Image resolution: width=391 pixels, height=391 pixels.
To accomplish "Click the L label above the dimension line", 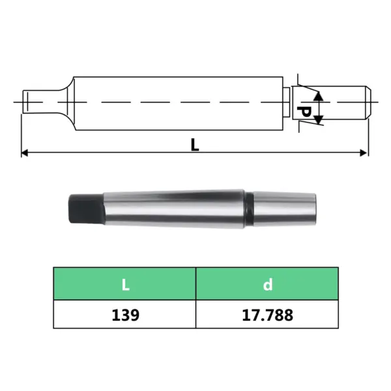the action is tap(195, 145).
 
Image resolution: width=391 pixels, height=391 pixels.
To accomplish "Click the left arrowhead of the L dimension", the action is tap(25, 153).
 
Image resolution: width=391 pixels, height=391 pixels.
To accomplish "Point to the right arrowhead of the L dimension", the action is tap(364, 153).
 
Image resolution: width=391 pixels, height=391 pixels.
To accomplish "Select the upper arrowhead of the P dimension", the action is tap(318, 96).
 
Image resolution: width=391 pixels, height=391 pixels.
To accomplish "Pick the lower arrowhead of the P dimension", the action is tap(318, 120).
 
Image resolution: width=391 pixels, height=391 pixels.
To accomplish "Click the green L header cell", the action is tap(124, 283).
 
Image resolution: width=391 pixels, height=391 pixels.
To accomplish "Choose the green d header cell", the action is tap(267, 283).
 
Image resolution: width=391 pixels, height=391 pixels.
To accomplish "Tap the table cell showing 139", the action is tap(124, 314).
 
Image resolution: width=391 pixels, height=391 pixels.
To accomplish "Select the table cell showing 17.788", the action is tap(267, 314).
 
